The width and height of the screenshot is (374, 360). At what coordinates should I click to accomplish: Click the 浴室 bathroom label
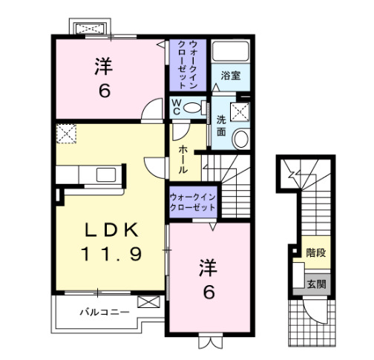[x=229, y=75]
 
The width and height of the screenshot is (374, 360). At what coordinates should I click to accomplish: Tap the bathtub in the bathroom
[x=231, y=52]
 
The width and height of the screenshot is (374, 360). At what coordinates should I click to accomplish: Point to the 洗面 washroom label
[x=222, y=124]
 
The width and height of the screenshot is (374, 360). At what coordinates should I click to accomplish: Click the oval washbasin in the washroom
[x=240, y=139]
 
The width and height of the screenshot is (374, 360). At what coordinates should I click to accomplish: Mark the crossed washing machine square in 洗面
[x=240, y=111]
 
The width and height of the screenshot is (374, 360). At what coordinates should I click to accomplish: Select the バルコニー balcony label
[x=104, y=311]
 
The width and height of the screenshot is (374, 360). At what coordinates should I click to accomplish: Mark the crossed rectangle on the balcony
[x=148, y=303]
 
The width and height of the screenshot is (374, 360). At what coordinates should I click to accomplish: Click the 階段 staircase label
[x=315, y=252]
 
